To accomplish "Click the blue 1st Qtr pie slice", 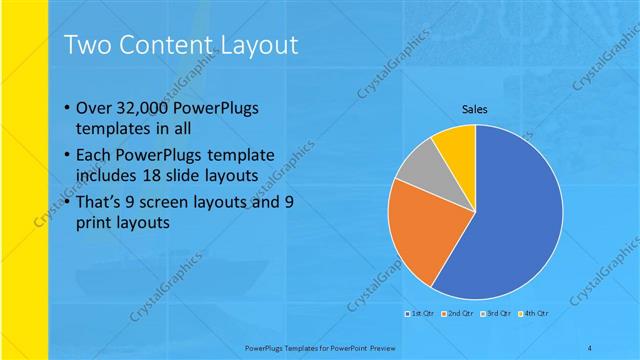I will point(510,220).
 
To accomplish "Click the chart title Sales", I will point(474,109).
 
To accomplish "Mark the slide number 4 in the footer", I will point(590,346).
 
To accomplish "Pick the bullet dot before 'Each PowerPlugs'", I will point(66,156).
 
